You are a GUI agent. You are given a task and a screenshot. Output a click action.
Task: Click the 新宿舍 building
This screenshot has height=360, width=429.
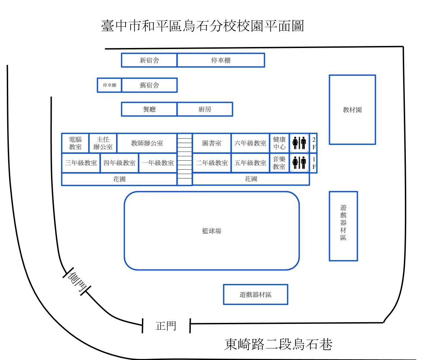[149, 60]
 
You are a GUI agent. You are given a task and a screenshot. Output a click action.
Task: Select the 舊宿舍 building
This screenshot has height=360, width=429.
[149, 85]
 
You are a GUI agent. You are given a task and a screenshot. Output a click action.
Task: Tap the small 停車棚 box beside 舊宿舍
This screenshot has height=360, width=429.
[110, 85]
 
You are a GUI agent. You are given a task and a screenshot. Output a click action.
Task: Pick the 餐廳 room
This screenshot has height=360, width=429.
[149, 109]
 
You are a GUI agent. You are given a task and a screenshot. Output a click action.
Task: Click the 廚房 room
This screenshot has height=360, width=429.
[205, 109]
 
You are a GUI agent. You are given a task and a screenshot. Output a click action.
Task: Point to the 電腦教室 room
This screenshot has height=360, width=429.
[75, 143]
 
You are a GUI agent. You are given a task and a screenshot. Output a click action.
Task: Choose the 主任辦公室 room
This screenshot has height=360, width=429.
[103, 143]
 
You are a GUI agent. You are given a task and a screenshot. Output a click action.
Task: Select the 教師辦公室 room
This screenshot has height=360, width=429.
[147, 143]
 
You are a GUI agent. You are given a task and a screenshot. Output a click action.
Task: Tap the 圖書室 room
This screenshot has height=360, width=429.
[212, 143]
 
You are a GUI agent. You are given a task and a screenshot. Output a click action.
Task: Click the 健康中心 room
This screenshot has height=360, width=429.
[279, 143]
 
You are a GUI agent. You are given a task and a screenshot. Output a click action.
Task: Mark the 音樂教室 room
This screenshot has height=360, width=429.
[279, 163]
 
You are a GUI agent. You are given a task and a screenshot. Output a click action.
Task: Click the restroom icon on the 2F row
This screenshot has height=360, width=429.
[299, 143]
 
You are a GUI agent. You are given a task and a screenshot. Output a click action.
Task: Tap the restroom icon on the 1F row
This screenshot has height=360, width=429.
[299, 163]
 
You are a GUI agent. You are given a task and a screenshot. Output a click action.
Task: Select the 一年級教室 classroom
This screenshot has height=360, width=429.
[158, 163]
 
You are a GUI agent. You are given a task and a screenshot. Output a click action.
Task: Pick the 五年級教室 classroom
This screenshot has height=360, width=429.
[250, 163]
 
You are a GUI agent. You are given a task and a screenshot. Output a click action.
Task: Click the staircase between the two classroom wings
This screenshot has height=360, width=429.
[185, 159]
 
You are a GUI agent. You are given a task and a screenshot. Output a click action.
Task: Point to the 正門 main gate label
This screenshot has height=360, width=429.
[166, 326]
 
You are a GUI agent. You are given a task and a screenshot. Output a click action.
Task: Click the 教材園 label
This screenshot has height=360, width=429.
[352, 110]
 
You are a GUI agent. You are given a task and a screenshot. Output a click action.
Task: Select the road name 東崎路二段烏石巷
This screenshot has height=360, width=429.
[278, 344]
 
